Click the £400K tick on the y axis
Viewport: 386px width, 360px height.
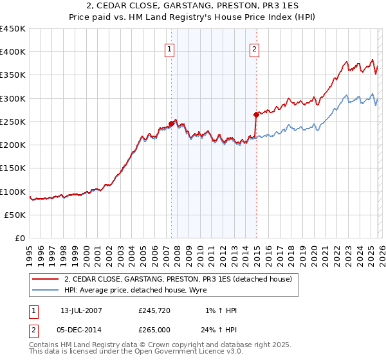13,52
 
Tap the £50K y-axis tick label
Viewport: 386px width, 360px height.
15,215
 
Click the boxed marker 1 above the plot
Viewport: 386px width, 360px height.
170,49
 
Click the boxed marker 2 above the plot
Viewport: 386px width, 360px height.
255,49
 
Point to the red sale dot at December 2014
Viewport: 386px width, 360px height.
256,114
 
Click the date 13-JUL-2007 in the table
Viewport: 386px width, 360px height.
81,310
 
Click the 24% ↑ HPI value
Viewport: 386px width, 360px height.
221,331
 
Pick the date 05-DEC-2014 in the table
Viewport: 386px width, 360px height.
81,331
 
